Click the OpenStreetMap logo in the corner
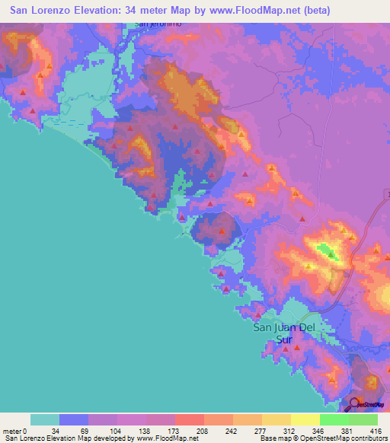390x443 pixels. click(369, 405)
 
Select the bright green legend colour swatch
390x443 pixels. click(334, 419)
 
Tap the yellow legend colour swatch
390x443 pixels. click(305, 419)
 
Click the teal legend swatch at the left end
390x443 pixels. click(44, 419)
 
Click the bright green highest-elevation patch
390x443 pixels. click(326, 250)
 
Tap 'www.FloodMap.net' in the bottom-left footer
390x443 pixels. click(167, 438)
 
